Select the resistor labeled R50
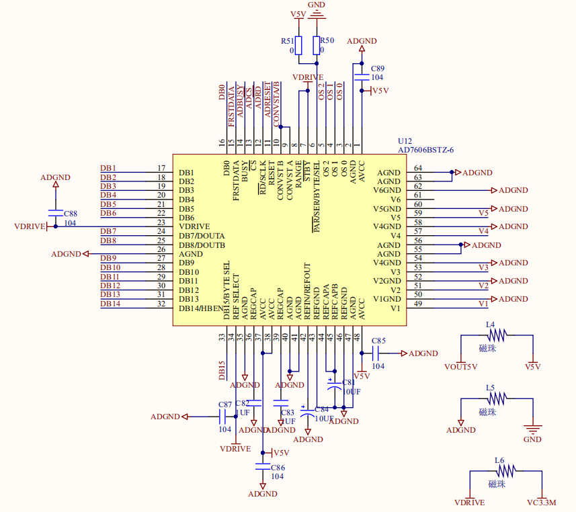click(317, 45)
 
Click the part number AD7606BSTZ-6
click(425, 150)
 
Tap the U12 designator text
click(405, 142)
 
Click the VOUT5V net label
click(461, 367)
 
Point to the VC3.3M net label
click(542, 503)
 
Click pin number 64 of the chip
click(418, 168)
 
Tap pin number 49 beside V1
click(418, 304)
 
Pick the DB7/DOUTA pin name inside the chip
click(202, 236)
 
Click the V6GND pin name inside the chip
click(386, 191)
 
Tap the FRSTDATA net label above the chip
click(232, 106)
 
